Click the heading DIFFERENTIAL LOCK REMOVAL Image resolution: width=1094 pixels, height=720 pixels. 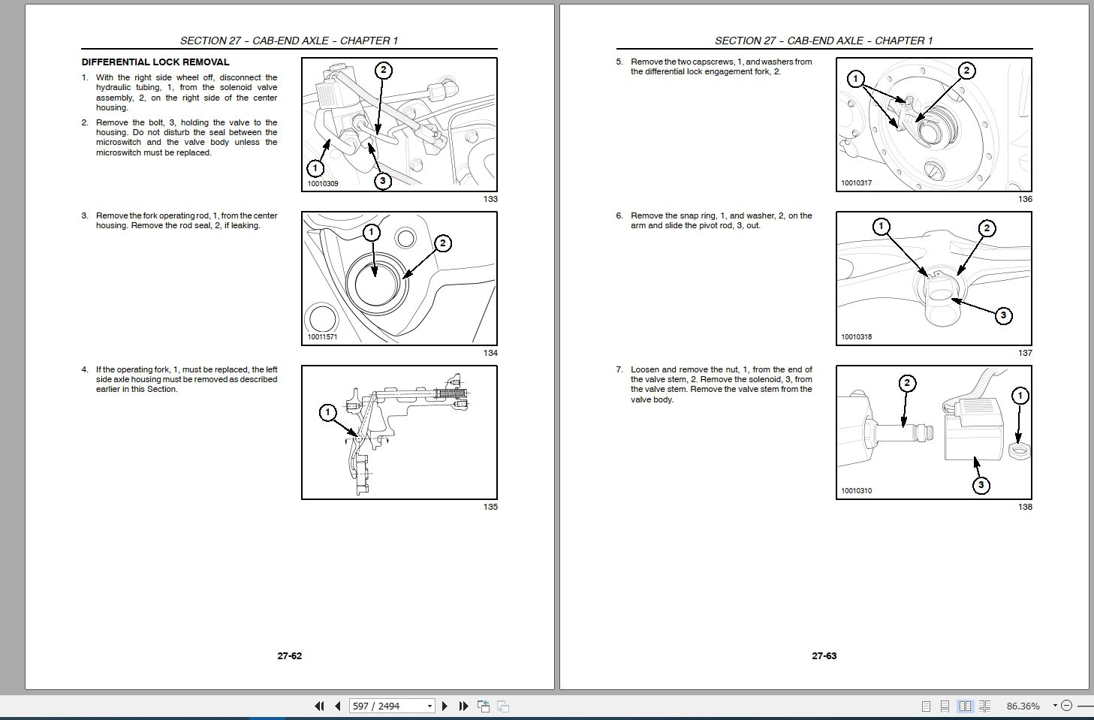[155, 62]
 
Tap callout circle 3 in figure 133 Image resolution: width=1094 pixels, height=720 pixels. [382, 181]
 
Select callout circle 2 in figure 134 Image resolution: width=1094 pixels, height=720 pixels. [442, 243]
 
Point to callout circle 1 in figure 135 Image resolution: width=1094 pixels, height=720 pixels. [327, 413]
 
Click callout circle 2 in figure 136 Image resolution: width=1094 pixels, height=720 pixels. [966, 71]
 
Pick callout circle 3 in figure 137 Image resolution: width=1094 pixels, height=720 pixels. [1004, 315]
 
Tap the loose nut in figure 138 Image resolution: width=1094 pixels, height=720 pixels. [1019, 451]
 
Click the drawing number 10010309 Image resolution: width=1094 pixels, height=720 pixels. [323, 184]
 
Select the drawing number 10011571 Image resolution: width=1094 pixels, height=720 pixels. [322, 336]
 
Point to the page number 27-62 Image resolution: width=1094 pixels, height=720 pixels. [290, 656]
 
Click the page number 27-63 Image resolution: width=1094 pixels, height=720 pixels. [824, 656]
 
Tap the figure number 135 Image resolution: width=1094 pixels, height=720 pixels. [490, 507]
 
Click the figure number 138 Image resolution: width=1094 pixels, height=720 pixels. [1025, 507]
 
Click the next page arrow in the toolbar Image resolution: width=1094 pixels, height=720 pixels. [445, 706]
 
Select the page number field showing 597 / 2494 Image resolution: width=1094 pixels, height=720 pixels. [392, 706]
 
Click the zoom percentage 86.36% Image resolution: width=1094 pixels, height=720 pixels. [1023, 706]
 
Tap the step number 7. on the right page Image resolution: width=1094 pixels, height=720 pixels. [619, 370]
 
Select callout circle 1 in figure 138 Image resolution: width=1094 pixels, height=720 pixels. [1020, 396]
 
